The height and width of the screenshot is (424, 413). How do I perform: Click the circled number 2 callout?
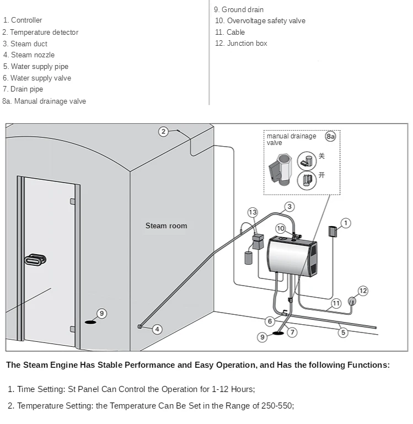pyautogui.click(x=163, y=131)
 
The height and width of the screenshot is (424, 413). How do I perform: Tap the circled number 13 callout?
pyautogui.click(x=253, y=212)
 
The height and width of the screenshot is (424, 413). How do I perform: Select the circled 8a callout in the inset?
pyautogui.click(x=330, y=136)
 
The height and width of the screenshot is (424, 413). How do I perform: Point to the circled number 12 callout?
pyautogui.click(x=363, y=291)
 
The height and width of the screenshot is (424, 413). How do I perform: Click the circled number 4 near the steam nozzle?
pyautogui.click(x=157, y=329)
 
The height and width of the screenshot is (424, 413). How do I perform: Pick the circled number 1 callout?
pyautogui.click(x=346, y=223)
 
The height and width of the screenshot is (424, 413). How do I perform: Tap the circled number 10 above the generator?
pyautogui.click(x=281, y=228)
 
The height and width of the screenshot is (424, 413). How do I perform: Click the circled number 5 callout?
pyautogui.click(x=343, y=332)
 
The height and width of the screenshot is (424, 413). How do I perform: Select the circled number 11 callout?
pyautogui.click(x=336, y=303)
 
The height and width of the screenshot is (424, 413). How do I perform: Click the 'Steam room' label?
pyautogui.click(x=166, y=226)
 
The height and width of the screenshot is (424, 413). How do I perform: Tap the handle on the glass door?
pyautogui.click(x=36, y=259)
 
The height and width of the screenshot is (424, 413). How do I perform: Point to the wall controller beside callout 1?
pyautogui.click(x=332, y=232)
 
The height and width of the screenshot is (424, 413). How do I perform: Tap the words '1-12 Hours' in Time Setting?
pyautogui.click(x=233, y=389)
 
